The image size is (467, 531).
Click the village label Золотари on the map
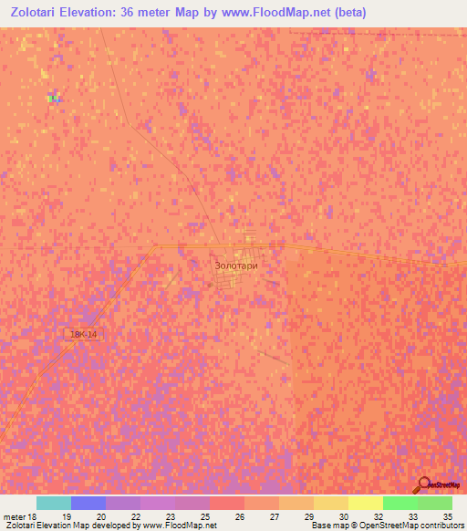(236, 265)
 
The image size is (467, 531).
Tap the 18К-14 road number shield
(83, 335)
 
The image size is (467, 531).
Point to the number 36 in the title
(161, 13)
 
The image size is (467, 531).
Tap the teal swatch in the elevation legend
(54, 503)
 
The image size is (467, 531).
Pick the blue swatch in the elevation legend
(88, 503)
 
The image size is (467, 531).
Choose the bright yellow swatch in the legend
(366, 503)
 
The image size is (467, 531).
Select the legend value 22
(136, 516)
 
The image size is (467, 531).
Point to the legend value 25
(205, 516)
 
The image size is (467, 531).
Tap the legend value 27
(275, 516)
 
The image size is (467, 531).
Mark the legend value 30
(343, 516)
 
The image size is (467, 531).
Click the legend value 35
(447, 516)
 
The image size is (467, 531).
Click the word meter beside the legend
(14, 516)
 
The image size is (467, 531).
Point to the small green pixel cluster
(53, 98)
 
